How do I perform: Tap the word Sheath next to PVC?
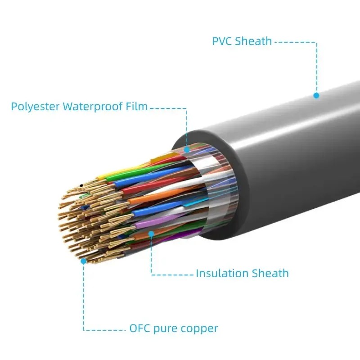pos(255,41)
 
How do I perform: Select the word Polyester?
pos(36,107)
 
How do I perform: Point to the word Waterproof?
pos(94,107)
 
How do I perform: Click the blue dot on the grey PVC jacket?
pos(316,95)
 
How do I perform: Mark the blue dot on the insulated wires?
pos(151,234)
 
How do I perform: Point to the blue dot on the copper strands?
pos(83,261)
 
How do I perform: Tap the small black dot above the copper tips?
pos(81,185)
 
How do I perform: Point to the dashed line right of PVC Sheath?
pos(295,42)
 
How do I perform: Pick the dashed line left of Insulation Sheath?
pos(173,274)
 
